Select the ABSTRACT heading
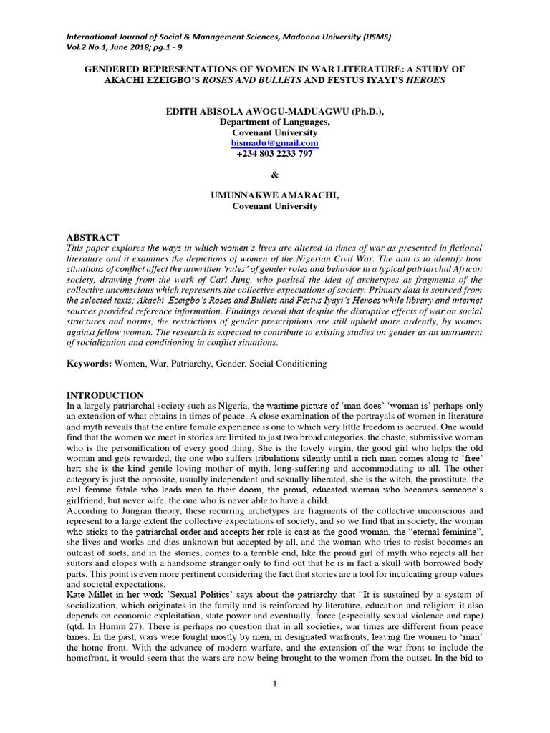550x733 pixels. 93,237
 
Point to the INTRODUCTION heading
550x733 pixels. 105,395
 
